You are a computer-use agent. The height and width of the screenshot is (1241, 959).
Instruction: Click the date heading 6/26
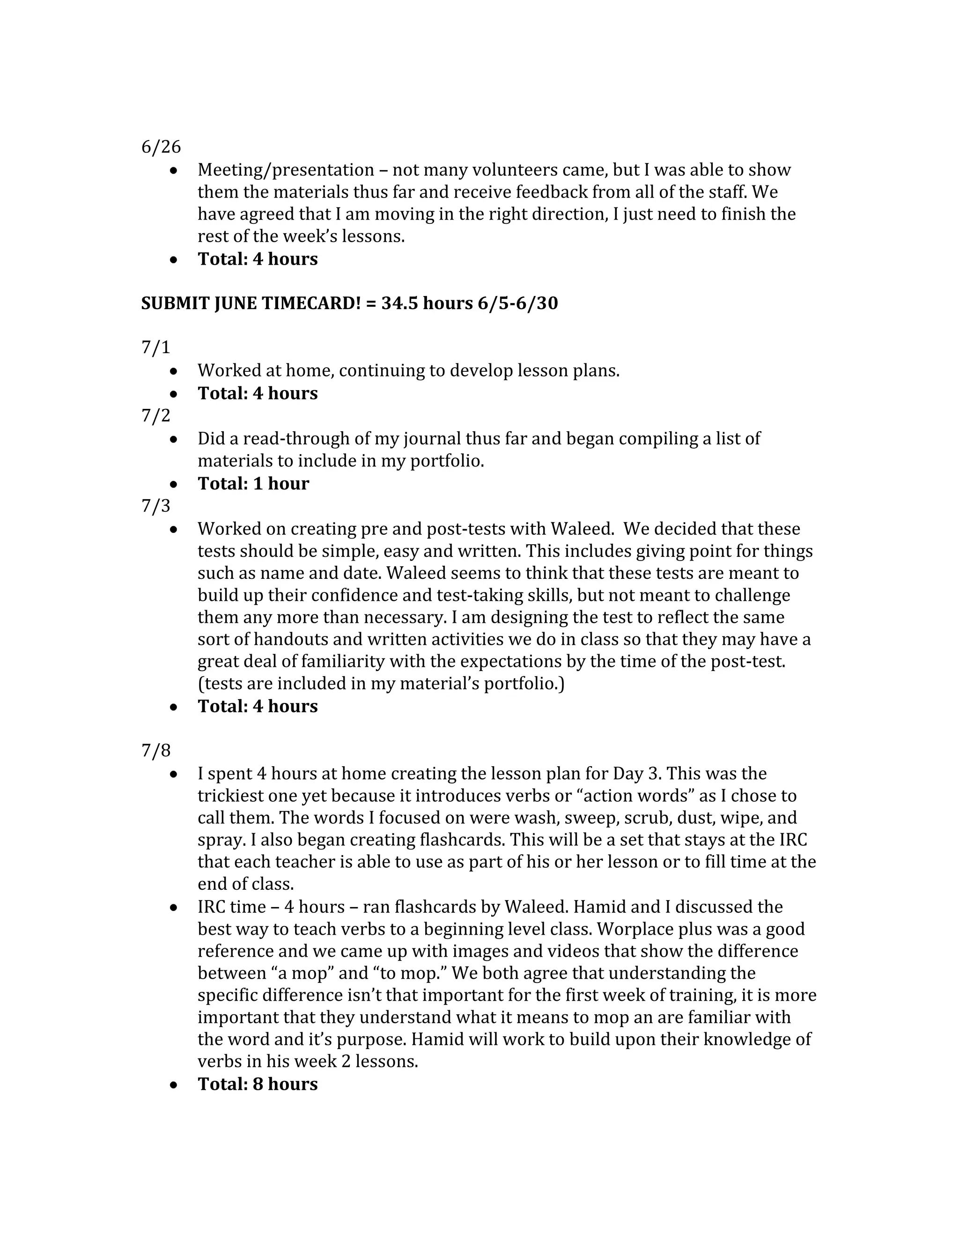pyautogui.click(x=161, y=147)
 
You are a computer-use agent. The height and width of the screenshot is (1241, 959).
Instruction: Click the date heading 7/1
pyautogui.click(x=155, y=347)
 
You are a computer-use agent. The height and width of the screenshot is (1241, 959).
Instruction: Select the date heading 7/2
pyautogui.click(x=155, y=415)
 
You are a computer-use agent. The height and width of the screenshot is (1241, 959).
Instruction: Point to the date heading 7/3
pyautogui.click(x=155, y=506)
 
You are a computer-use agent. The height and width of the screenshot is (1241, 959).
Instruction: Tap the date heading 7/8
pyautogui.click(x=155, y=751)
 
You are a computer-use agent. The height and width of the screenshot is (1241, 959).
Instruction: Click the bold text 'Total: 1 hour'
pyautogui.click(x=253, y=484)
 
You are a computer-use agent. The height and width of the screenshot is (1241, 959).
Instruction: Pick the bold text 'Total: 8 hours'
pyautogui.click(x=258, y=1084)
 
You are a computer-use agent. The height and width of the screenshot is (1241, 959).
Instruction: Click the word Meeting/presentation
pyautogui.click(x=286, y=170)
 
